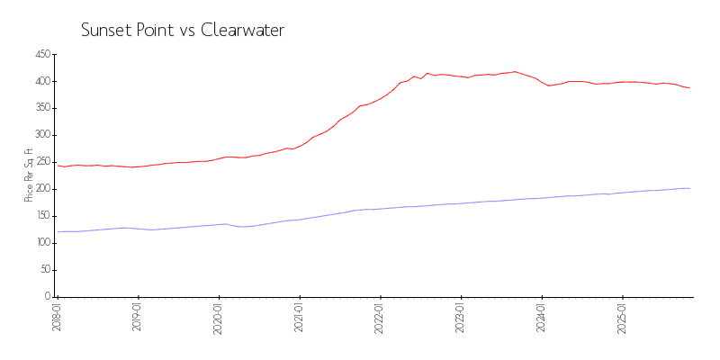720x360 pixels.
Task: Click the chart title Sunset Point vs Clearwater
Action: coord(183,30)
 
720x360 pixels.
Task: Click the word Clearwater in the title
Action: coord(242,30)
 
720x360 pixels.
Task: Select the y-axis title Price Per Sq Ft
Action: coord(29,175)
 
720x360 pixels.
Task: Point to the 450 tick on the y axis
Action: coord(41,54)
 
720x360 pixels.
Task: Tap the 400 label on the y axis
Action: coord(41,81)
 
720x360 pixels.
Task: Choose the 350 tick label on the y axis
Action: coord(41,108)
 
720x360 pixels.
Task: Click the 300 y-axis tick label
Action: coord(41,135)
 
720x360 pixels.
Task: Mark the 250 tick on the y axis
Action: coord(41,162)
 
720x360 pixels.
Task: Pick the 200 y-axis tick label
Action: coord(41,189)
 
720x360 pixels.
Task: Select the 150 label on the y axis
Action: coord(41,216)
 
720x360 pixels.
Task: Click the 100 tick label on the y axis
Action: coord(41,243)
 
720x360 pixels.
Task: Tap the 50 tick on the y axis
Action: coord(44,270)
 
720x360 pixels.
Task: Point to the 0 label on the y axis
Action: coord(47,297)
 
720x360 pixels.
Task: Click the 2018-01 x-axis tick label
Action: coord(58,318)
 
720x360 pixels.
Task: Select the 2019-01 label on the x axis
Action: coord(139,318)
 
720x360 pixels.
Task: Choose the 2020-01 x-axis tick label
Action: coord(219,318)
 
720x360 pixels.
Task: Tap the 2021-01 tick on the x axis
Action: coord(300,318)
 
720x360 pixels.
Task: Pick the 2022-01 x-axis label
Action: coord(381,318)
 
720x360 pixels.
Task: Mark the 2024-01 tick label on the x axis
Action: coord(542,318)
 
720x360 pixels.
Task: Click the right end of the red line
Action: coord(689,87)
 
